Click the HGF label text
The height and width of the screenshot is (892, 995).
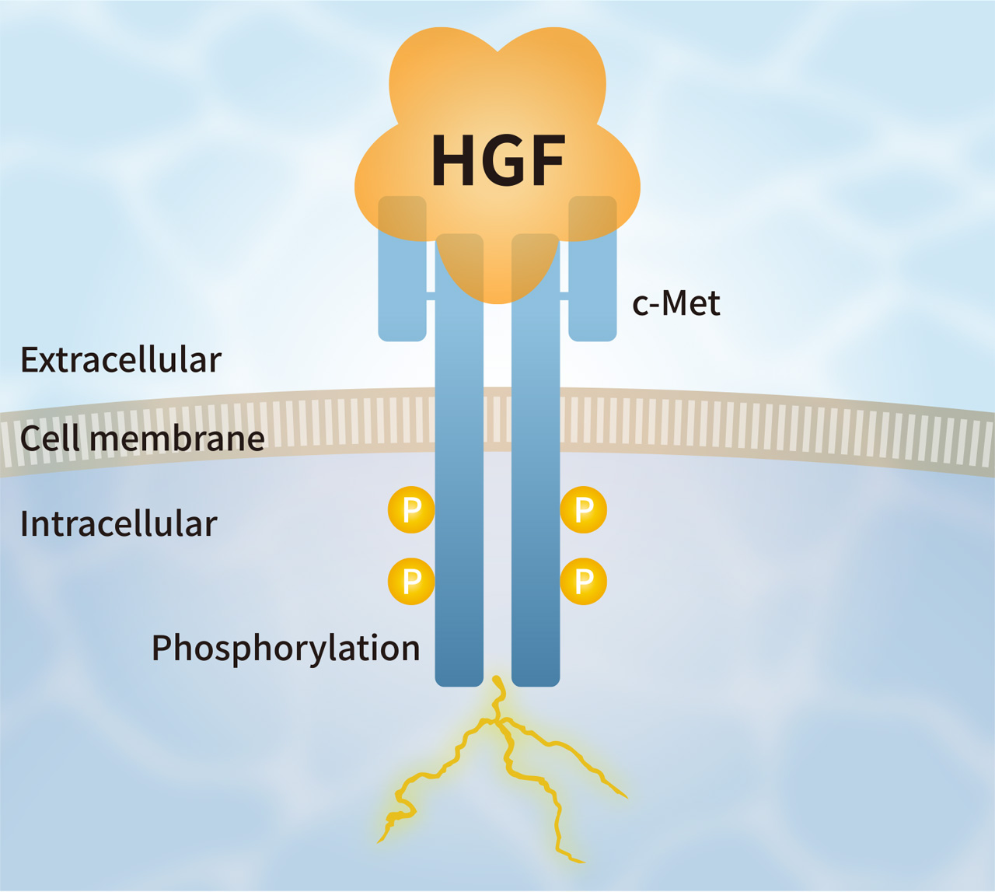coord(498,161)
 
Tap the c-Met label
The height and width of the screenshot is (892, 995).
coord(676,303)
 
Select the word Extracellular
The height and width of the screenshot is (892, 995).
coord(120,360)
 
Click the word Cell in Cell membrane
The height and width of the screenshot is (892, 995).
coord(50,439)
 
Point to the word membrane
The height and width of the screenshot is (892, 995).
coord(177,439)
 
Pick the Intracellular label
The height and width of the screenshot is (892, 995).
coord(118,524)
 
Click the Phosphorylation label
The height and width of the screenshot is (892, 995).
coord(285,648)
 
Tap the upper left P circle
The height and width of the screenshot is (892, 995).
coord(411,510)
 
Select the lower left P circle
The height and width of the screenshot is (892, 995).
coord(411,581)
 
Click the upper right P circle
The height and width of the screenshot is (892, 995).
coord(584,510)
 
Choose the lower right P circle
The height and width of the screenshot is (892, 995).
coord(584,581)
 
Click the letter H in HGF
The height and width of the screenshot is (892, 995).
coord(453,161)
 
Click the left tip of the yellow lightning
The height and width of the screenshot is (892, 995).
coord(380,840)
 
